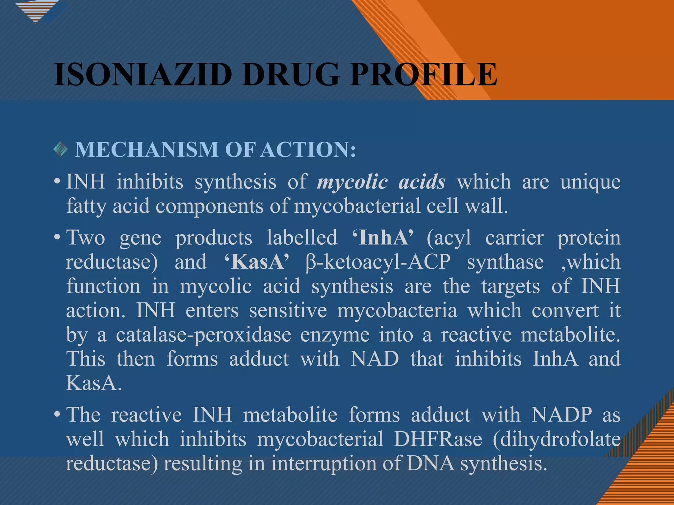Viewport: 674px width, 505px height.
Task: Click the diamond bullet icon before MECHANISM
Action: (x=61, y=149)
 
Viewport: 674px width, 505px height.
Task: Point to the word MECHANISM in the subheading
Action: (x=147, y=150)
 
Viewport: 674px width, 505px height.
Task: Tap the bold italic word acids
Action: (x=422, y=182)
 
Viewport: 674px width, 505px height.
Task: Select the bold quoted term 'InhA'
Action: (x=382, y=237)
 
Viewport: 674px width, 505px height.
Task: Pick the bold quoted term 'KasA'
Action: (x=256, y=262)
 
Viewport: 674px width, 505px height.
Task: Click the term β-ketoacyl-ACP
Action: (x=378, y=262)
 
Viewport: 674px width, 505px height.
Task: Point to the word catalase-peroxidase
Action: (x=204, y=335)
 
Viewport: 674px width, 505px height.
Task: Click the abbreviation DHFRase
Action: (x=438, y=439)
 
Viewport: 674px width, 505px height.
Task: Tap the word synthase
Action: (x=505, y=262)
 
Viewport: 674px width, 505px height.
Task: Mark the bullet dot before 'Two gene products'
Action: (x=57, y=237)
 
